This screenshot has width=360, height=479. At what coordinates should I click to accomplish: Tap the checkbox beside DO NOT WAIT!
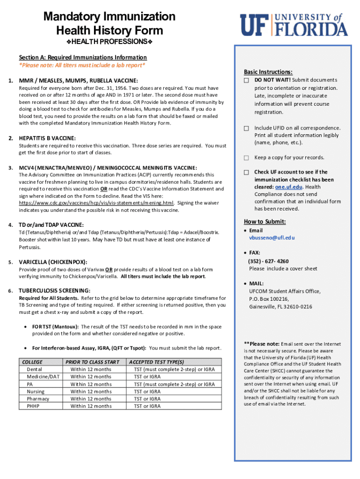[x=246, y=81]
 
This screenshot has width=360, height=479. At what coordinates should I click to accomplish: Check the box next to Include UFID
[x=246, y=128]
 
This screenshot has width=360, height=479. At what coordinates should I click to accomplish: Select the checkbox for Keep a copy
[x=246, y=158]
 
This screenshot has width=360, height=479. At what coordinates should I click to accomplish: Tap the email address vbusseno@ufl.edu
[x=272, y=238]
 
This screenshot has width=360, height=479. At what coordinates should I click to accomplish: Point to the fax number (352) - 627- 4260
[x=268, y=261]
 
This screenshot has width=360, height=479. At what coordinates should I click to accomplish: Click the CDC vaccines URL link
[x=96, y=203]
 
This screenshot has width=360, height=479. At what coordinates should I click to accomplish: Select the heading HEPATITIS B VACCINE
[x=47, y=138]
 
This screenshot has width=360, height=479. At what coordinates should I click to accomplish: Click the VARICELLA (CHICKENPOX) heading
[x=53, y=262]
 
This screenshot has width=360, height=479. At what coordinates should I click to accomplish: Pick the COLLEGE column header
[x=32, y=362]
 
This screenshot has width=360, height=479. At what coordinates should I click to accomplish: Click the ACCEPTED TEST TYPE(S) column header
[x=157, y=362]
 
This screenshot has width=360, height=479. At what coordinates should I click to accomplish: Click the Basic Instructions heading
[x=268, y=72]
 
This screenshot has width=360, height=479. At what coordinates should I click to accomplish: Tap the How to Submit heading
[x=265, y=222]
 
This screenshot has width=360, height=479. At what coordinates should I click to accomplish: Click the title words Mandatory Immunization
[x=109, y=17]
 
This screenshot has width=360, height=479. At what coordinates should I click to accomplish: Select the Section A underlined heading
[x=83, y=58]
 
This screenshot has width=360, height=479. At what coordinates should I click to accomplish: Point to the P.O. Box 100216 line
[x=269, y=299]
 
